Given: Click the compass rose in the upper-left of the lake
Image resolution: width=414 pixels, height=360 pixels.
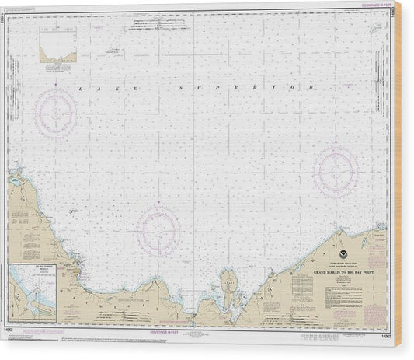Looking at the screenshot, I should [59, 110].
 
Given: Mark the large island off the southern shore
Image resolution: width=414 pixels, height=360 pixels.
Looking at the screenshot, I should [229, 281].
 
